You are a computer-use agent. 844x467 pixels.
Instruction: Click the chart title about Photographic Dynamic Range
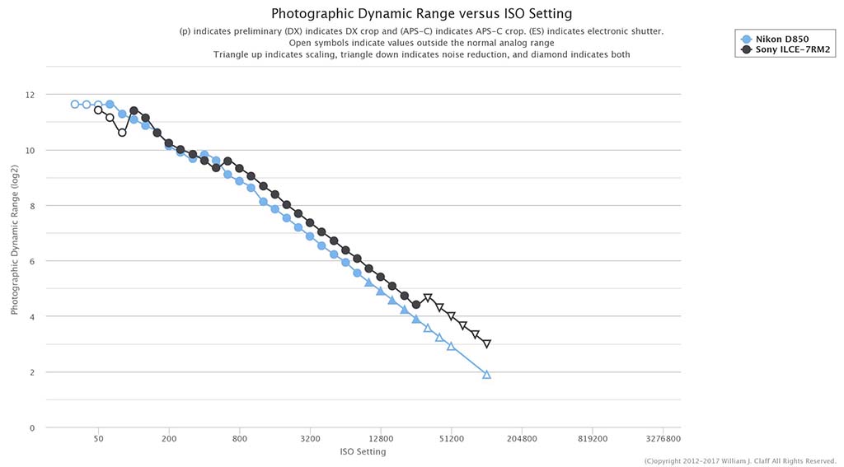422,14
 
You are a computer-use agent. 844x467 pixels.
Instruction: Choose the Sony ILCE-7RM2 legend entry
787,50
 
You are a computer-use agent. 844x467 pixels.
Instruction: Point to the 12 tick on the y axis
30,95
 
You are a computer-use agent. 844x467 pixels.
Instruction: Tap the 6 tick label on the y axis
32,261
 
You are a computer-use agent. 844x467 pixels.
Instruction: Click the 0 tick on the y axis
32,427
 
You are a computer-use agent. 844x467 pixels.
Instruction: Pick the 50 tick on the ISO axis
98,439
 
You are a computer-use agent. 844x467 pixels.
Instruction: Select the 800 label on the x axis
240,439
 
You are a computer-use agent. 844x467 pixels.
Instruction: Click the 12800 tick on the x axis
381,439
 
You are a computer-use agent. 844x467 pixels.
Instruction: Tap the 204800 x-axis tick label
522,439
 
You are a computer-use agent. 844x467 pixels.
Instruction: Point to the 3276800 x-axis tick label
663,439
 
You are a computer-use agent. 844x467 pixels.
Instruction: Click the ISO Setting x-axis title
363,451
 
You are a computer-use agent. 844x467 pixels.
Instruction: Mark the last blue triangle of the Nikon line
486,375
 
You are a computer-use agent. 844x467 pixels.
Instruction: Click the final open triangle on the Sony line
487,344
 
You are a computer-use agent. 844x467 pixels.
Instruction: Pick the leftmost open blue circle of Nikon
75,105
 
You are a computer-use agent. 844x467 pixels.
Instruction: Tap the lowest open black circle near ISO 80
122,132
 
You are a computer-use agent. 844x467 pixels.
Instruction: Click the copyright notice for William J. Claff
740,460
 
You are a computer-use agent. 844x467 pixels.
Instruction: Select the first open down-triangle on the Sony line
428,298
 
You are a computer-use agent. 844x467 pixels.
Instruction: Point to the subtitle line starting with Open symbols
422,43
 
